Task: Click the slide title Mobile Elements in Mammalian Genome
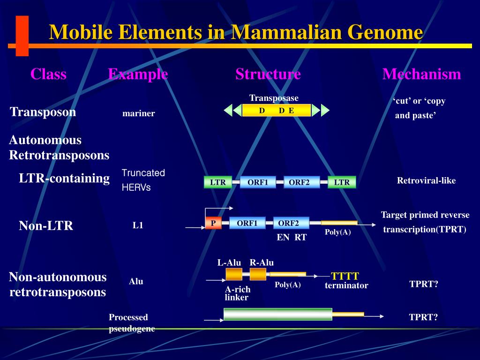(236, 32)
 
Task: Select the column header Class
(48, 74)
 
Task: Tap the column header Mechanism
(421, 74)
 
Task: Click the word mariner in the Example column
(138, 113)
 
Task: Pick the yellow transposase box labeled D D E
(277, 111)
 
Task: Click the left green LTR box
(218, 182)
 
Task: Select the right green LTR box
(342, 182)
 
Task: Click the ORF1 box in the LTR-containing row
(257, 182)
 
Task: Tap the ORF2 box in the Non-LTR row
(291, 223)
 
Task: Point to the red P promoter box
(213, 223)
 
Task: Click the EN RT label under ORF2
(291, 238)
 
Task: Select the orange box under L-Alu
(234, 274)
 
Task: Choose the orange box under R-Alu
(258, 274)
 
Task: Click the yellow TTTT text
(345, 276)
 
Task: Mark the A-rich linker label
(237, 293)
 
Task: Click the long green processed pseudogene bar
(277, 314)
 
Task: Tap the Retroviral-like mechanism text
(426, 181)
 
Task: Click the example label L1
(137, 225)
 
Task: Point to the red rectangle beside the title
(22, 36)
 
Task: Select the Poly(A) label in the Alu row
(287, 285)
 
